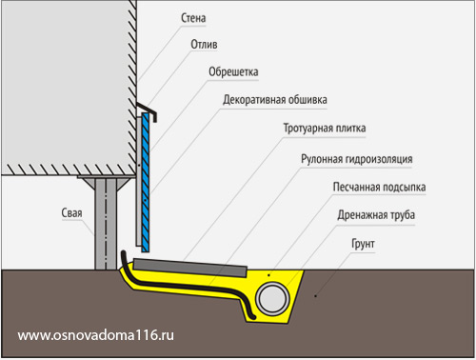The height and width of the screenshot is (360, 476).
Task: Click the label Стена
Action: click(193, 18)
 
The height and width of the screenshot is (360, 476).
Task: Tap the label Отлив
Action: click(204, 45)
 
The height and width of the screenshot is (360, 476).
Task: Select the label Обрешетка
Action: click(233, 71)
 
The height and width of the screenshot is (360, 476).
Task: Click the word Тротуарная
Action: click(307, 129)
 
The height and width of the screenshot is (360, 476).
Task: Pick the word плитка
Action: click(349, 129)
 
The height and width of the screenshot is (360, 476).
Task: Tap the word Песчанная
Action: click(354, 187)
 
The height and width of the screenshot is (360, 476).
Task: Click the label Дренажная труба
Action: click(376, 215)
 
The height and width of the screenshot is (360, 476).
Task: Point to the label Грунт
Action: click(363, 244)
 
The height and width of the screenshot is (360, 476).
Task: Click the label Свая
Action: click(71, 213)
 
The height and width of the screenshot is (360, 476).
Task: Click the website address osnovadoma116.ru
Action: click(96, 335)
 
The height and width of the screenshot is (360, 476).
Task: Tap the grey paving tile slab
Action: click(189, 268)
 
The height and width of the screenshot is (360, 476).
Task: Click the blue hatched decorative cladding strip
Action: click(146, 183)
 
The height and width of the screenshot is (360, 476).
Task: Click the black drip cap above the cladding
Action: click(148, 110)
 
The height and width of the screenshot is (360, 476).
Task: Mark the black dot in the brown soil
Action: click(315, 296)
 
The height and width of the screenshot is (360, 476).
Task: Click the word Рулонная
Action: click(322, 159)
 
